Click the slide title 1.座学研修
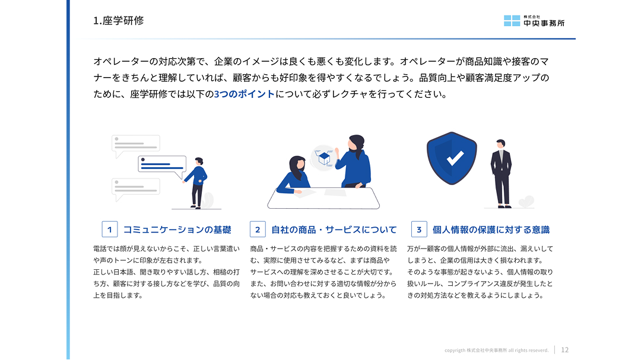click(x=119, y=20)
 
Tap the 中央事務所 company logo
click(x=534, y=21)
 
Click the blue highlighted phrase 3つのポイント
click(x=245, y=94)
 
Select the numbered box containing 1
click(x=110, y=230)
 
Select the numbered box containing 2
click(x=258, y=230)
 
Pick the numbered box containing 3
click(x=419, y=230)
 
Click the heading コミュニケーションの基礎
click(x=177, y=230)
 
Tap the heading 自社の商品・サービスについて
click(x=334, y=230)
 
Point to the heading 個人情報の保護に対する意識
click(x=491, y=230)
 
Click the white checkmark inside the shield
click(x=455, y=158)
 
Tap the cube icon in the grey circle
click(x=324, y=158)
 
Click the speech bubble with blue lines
click(x=162, y=166)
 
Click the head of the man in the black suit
click(x=501, y=144)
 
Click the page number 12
click(x=564, y=350)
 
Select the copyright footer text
click(x=496, y=350)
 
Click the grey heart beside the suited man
click(x=526, y=202)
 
